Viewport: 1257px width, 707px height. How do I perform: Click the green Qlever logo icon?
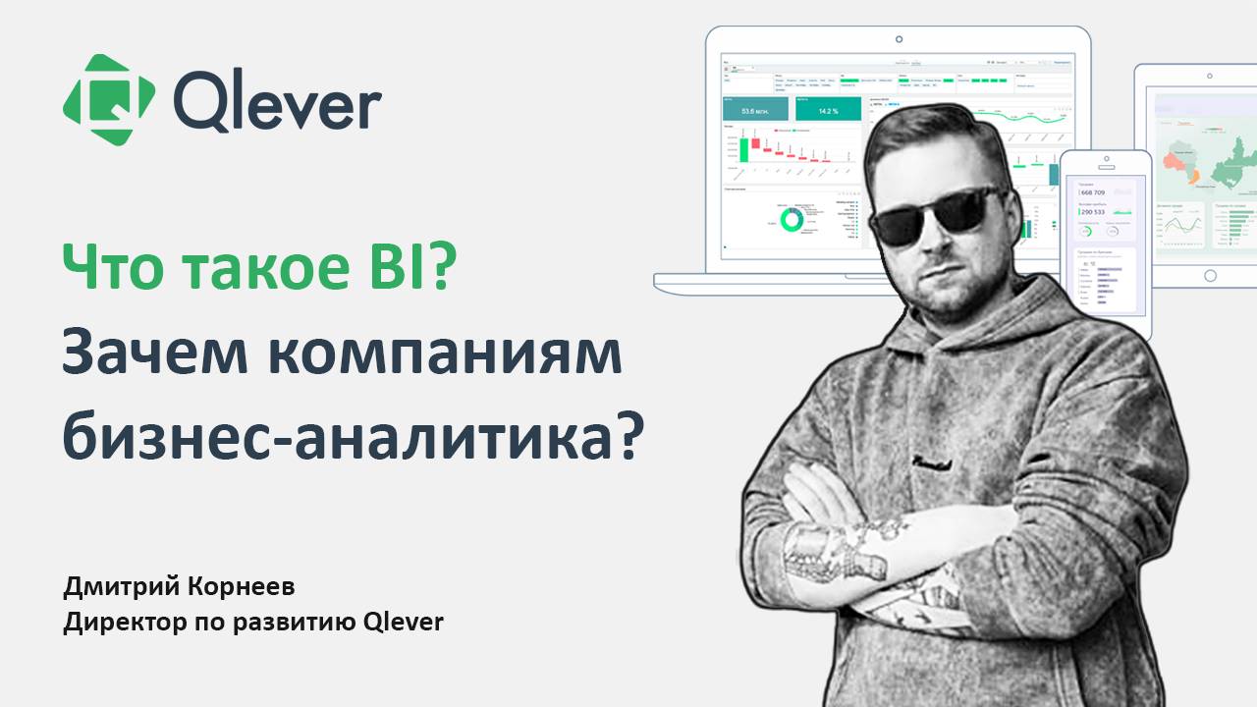pyautogui.click(x=109, y=99)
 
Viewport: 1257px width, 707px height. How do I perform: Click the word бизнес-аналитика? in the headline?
pyautogui.click(x=354, y=437)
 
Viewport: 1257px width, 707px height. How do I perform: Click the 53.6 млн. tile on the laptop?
pyautogui.click(x=754, y=111)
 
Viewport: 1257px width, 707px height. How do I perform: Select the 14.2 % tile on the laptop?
pyautogui.click(x=827, y=111)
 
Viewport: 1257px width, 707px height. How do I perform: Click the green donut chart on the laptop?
pyautogui.click(x=791, y=219)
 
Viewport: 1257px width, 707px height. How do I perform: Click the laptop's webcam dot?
pyautogui.click(x=898, y=39)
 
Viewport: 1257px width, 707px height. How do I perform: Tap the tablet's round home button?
pyautogui.click(x=1210, y=276)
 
